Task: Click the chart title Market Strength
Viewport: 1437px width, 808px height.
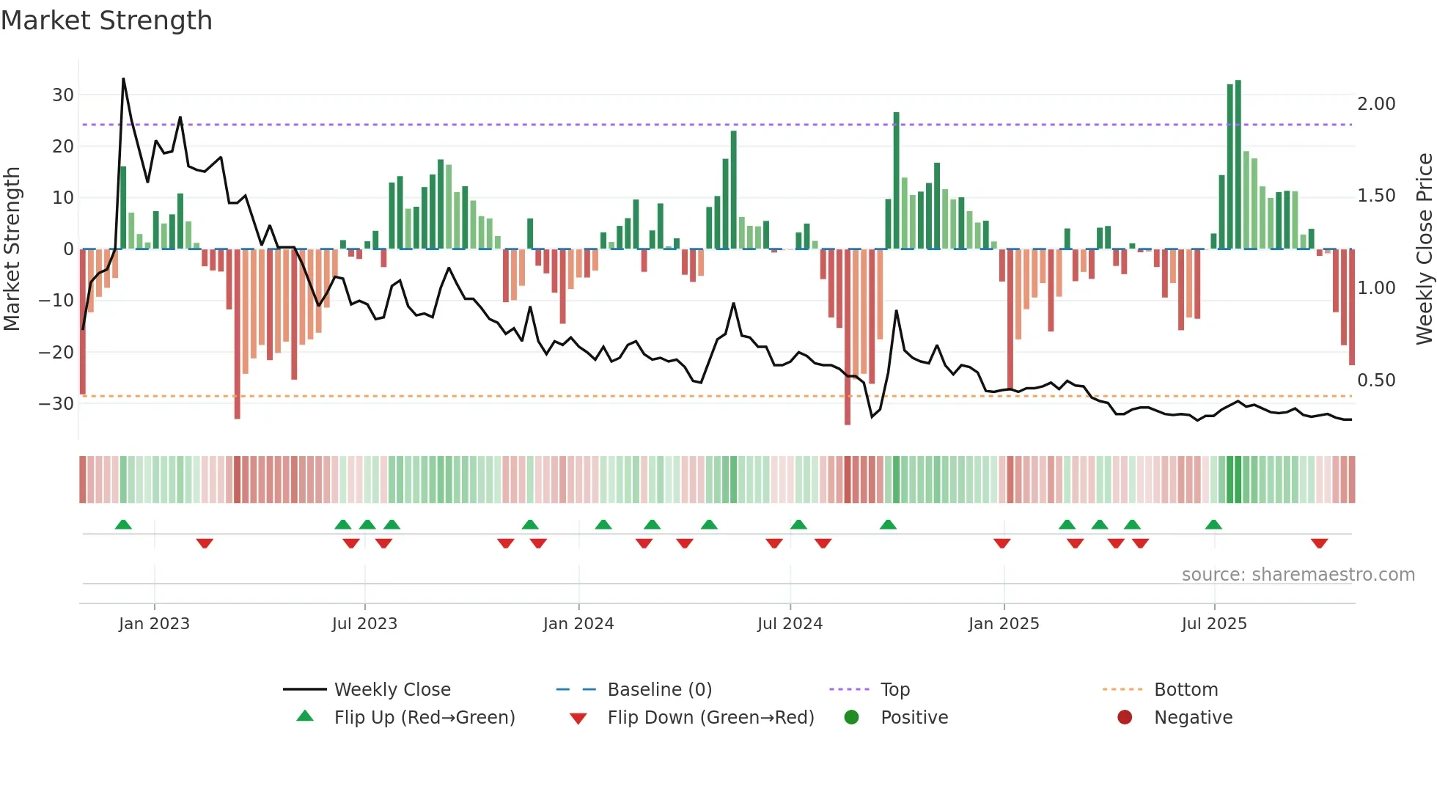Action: tap(106, 21)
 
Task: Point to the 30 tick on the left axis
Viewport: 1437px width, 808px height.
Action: tap(63, 95)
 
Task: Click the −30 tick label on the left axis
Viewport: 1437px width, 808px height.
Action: tap(57, 404)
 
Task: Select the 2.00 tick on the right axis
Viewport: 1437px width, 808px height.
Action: tap(1376, 104)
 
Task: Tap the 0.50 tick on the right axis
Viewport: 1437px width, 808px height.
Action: tap(1376, 381)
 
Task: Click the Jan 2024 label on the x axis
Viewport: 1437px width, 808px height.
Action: tap(578, 624)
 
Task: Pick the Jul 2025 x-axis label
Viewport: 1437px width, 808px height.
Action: tap(1214, 624)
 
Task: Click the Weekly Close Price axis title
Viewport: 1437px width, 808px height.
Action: tap(1424, 249)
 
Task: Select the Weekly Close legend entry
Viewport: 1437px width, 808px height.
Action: tap(392, 690)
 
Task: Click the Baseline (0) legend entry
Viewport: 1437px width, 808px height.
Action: tap(659, 690)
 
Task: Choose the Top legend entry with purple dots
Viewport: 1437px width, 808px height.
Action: tap(894, 690)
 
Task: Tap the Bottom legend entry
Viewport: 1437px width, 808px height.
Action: tap(1186, 690)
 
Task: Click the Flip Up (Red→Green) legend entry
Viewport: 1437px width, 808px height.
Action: tap(425, 718)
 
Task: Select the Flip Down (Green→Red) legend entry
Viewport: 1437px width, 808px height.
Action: tap(710, 718)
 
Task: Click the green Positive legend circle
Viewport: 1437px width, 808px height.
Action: tap(851, 717)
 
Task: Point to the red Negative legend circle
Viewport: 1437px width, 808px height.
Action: tap(1125, 717)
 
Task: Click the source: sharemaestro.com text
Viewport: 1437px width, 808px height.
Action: tap(1298, 575)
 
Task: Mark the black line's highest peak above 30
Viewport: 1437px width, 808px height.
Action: tap(123, 79)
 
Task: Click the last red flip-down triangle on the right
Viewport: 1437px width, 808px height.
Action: tap(1320, 543)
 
